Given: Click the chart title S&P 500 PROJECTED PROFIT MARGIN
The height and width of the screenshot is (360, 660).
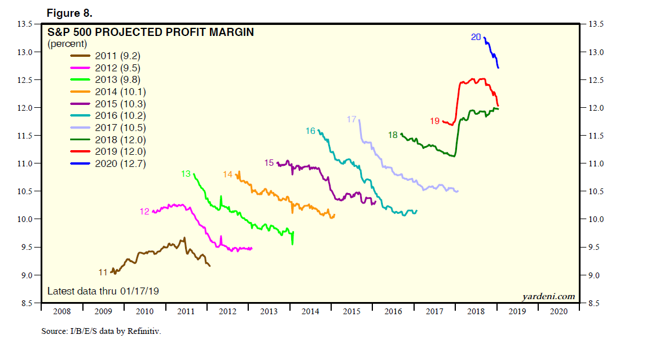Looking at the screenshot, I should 150,32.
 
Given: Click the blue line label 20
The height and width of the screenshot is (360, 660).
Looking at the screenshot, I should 476,38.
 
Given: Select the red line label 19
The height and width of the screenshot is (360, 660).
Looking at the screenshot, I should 435,121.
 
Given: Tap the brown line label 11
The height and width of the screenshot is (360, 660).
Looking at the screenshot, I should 103,272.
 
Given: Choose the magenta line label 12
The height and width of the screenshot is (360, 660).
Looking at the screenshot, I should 144,212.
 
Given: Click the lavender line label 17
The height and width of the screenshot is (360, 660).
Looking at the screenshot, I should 351,119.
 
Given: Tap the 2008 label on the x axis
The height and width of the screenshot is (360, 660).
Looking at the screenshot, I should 61,311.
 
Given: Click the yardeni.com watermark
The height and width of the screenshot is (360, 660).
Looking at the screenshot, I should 548,296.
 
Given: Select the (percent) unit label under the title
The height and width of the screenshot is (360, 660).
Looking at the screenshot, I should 67,44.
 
